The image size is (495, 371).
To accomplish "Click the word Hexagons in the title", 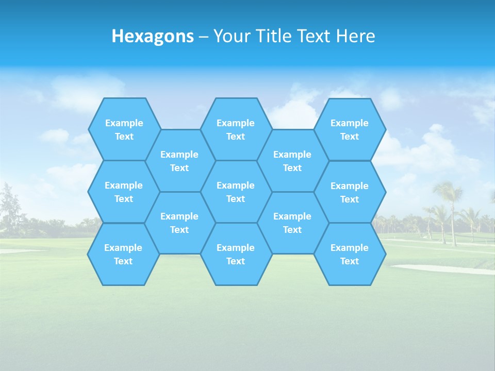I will (153, 36).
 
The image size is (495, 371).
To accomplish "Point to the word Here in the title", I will (355, 36).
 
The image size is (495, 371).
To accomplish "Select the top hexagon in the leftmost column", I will (124, 129).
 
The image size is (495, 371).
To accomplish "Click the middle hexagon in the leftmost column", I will (124, 192).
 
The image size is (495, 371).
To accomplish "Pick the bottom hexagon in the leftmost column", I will (123, 254).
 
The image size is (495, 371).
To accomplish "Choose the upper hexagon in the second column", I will (179, 161).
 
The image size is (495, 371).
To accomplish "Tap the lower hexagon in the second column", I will (179, 223).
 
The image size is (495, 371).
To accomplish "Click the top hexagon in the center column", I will (236, 129).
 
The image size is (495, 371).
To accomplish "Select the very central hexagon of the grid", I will (236, 192).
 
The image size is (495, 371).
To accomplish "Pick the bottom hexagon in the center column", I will (236, 254).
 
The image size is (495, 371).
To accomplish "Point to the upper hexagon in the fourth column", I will (292, 161).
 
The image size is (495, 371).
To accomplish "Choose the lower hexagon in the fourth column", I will (292, 223).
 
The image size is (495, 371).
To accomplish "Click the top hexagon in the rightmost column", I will (350, 129).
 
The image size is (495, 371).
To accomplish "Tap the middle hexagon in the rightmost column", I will (350, 192).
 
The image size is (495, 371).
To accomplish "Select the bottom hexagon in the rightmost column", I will (350, 254).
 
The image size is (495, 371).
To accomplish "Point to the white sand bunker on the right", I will (438, 268).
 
